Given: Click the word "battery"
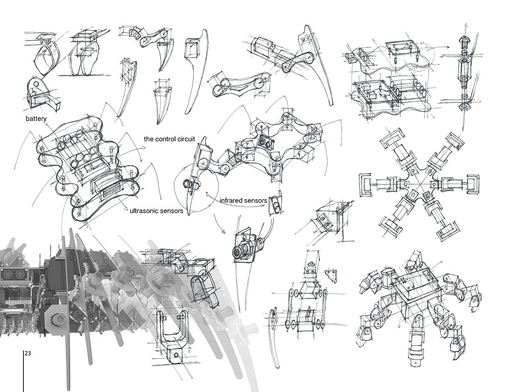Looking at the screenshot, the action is [x=36, y=119].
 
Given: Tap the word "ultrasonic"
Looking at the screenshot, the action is [x=144, y=211].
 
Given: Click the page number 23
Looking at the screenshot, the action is [x=28, y=353].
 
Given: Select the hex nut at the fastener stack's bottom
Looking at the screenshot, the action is [x=465, y=107].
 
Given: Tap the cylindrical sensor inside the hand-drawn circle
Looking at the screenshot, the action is [x=190, y=185].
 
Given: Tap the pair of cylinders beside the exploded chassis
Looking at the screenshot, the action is [x=351, y=58].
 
